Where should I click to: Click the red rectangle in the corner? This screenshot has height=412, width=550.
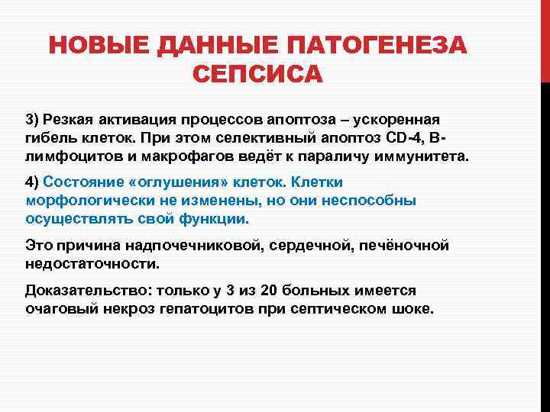[545, 38]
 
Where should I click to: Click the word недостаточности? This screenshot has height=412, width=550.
[92, 264]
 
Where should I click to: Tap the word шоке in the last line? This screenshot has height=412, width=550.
[413, 310]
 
